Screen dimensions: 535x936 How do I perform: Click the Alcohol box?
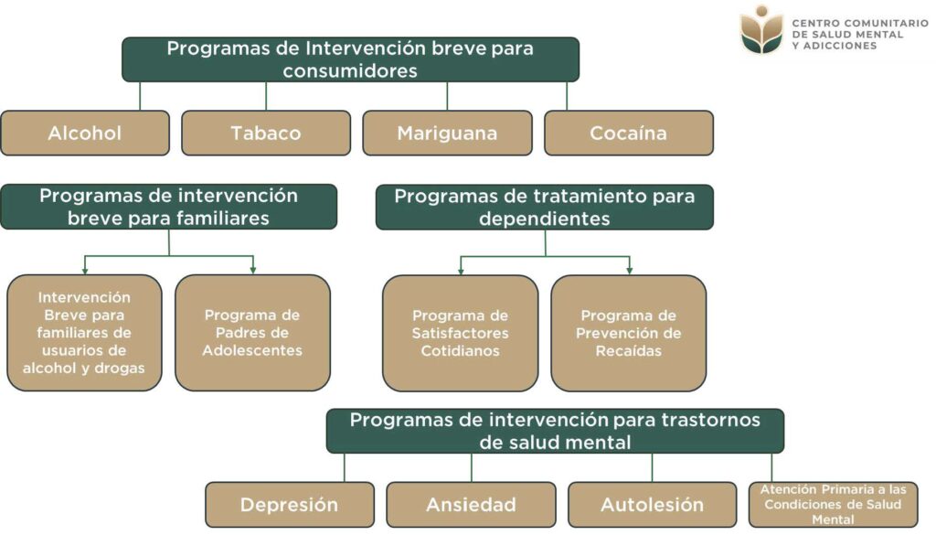point(85,134)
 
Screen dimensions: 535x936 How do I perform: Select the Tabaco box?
point(266,134)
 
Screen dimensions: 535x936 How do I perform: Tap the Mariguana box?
point(447,134)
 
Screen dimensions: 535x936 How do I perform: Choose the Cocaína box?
point(628,134)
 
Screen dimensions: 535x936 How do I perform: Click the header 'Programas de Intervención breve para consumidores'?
point(350,59)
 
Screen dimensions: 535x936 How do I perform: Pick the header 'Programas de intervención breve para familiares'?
point(169,207)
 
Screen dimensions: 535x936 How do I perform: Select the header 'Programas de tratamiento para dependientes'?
point(545,207)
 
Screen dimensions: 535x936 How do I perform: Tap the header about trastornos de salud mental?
point(555,432)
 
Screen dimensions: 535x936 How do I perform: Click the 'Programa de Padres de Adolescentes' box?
point(252,333)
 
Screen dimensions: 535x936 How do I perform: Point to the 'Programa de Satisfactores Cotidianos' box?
point(460,333)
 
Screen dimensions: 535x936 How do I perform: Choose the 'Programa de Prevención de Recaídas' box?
point(629,333)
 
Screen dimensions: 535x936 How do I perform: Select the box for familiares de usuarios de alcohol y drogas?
point(84,333)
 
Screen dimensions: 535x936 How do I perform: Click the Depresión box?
point(290,505)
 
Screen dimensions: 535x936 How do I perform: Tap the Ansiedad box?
point(471,505)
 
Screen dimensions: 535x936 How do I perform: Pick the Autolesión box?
point(652,505)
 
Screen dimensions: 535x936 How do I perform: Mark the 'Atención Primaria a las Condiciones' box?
point(833,505)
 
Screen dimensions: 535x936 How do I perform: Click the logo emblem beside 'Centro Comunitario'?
point(761,31)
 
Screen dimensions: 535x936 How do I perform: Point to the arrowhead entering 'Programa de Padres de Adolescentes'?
point(253,270)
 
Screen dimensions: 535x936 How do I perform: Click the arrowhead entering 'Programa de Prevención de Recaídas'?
point(630,270)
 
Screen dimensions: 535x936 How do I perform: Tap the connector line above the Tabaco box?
point(266,96)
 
